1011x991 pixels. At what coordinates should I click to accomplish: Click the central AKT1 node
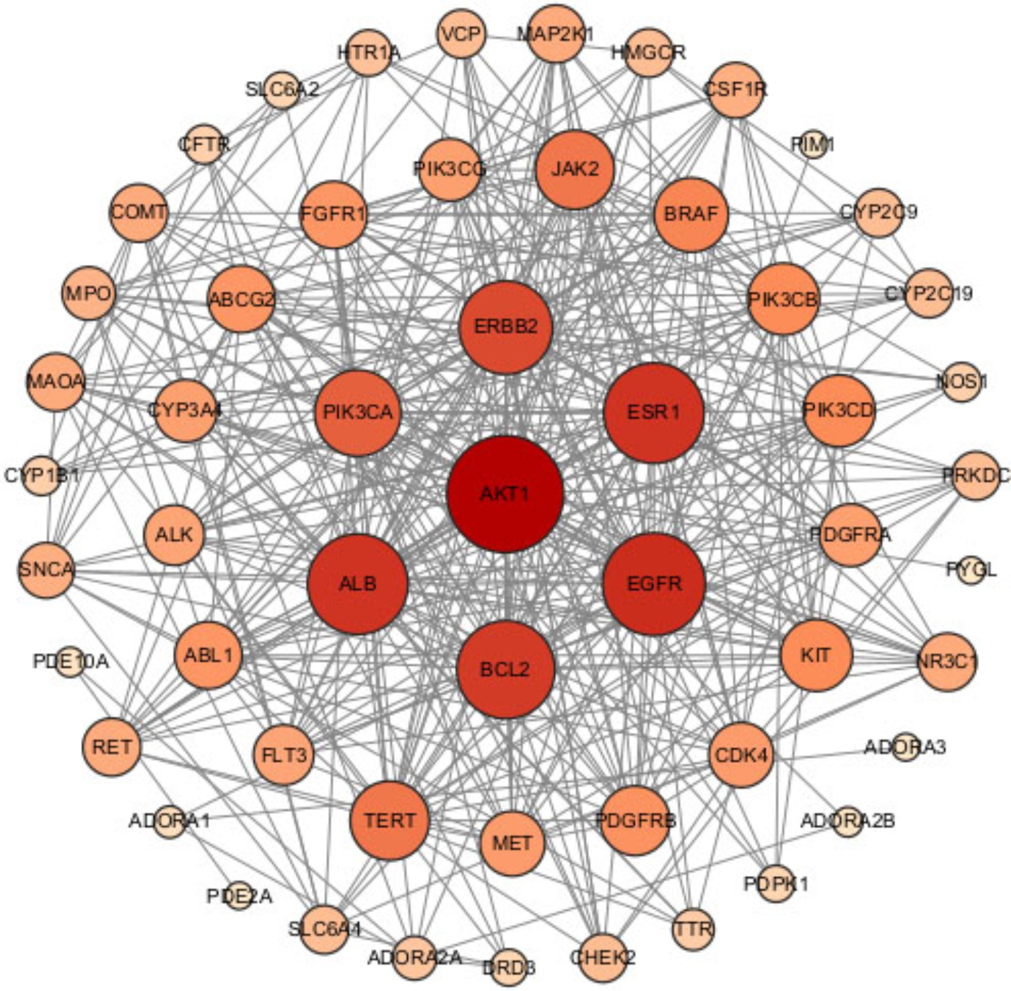(505, 494)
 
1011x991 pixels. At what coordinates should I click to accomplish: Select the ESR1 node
(654, 412)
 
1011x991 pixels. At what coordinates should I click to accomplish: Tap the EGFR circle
(654, 584)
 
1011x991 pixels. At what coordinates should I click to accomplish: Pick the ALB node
(357, 584)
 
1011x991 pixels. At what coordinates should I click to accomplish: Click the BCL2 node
(505, 669)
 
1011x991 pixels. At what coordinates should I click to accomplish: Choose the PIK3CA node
(357, 412)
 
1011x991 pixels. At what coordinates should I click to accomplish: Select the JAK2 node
(575, 169)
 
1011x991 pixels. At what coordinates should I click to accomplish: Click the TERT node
(389, 820)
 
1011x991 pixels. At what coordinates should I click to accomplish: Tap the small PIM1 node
(813, 143)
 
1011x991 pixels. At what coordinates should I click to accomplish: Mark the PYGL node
(972, 570)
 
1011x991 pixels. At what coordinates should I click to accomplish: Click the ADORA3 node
(905, 747)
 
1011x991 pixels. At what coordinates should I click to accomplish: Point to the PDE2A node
(239, 896)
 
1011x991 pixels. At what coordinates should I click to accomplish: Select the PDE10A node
(70, 662)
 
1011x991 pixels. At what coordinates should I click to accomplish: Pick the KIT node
(816, 655)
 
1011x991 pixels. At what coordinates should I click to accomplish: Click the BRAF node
(691, 214)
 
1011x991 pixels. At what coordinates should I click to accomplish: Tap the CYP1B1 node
(42, 476)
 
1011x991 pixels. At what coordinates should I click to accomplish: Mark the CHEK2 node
(603, 958)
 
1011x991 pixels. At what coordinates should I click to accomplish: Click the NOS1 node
(961, 381)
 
